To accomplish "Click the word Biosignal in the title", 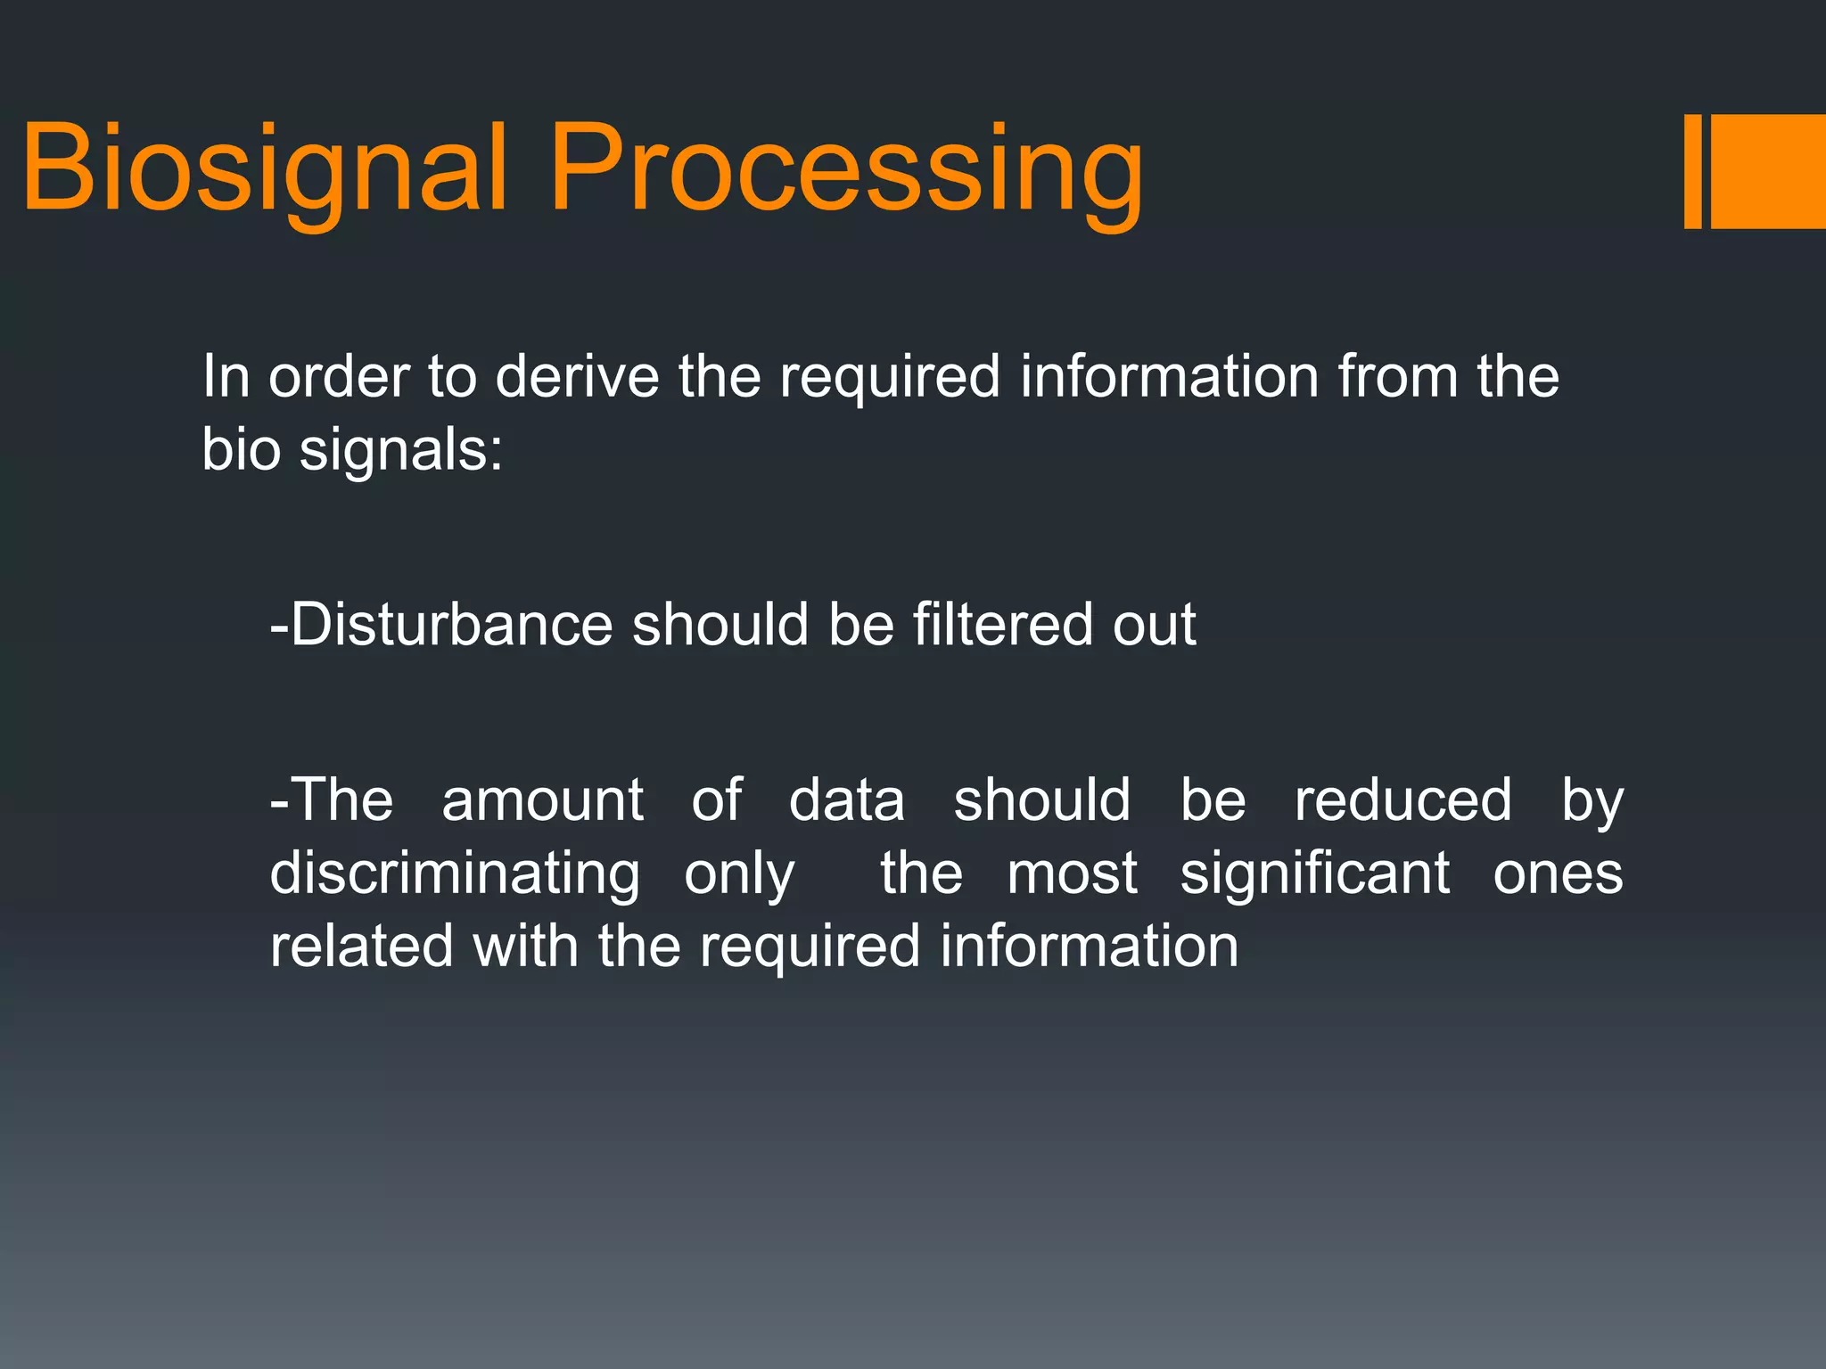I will pos(264,169).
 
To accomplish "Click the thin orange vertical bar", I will pos(1692,171).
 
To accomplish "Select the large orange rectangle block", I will pos(1768,171).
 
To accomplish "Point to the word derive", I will pos(577,376).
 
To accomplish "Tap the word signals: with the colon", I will pos(401,449).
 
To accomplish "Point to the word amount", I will pos(542,799).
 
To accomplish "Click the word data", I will pos(847,799).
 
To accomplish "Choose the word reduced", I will pos(1403,799).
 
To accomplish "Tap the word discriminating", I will pos(455,873).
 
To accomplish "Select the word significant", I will pos(1315,873).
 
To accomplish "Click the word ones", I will pos(1558,873).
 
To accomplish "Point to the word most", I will pos(1072,873).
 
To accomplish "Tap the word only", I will pos(739,875).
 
